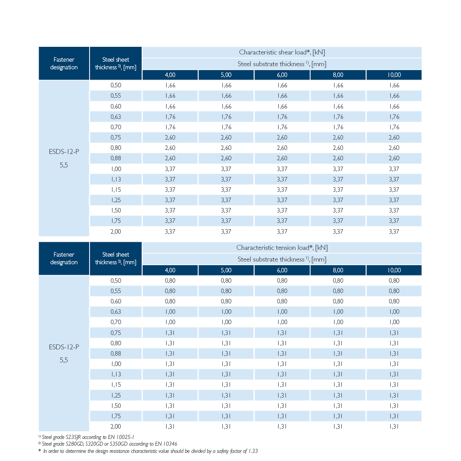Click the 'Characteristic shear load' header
[x=282, y=52]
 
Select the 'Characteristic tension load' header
[x=282, y=248]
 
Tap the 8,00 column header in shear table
[x=338, y=75]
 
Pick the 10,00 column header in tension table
[x=394, y=270]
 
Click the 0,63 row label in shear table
[x=116, y=117]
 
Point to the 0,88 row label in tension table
[x=116, y=353]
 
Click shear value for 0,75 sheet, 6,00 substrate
[x=282, y=138]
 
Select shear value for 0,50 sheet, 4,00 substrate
[x=170, y=85]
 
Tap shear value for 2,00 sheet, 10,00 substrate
[x=394, y=231]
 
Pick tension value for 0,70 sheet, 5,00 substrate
[x=226, y=322]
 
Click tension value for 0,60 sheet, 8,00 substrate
[x=338, y=301]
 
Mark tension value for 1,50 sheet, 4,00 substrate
[x=170, y=406]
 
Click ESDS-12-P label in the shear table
[x=64, y=152]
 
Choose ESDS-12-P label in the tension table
[x=64, y=347]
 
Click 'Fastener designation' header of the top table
[x=64, y=63]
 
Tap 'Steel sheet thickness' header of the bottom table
[x=116, y=258]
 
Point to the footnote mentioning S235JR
[x=86, y=437]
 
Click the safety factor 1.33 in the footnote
[x=253, y=451]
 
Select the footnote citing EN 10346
[x=108, y=444]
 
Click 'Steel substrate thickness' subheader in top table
[x=282, y=64]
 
